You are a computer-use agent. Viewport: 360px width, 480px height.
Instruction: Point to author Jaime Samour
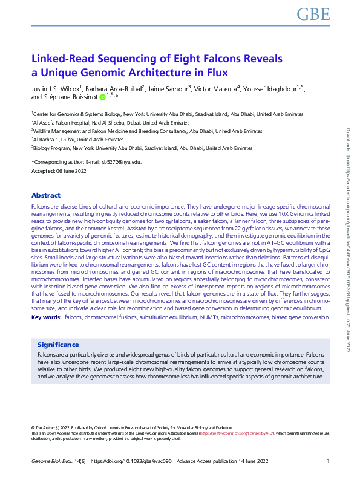point(169,89)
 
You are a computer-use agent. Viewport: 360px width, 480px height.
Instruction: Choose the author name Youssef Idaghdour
point(273,89)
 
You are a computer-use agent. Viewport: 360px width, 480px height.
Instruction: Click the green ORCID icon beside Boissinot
point(103,97)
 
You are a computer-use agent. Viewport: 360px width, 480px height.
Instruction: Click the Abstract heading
point(45,195)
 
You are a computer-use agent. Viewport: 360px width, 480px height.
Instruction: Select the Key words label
point(46,317)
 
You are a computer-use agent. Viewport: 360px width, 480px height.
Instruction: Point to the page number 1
point(328,462)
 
